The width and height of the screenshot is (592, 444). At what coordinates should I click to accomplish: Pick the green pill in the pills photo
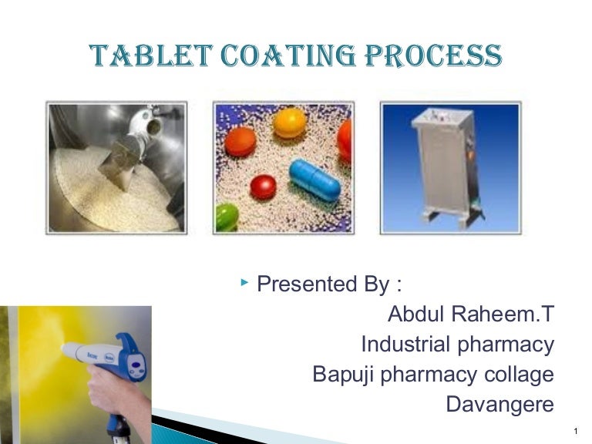click(228, 216)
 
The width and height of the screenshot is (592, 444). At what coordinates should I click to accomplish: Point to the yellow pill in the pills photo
click(289, 123)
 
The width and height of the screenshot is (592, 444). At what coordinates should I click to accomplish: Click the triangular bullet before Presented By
click(244, 284)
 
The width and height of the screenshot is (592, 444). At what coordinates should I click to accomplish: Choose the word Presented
click(304, 284)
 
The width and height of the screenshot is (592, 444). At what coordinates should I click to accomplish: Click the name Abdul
click(416, 314)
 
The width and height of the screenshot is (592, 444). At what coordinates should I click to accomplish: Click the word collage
click(518, 375)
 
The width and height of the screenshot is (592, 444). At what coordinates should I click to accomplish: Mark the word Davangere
click(499, 405)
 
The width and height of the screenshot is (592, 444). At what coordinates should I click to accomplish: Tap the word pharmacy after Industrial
click(506, 344)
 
